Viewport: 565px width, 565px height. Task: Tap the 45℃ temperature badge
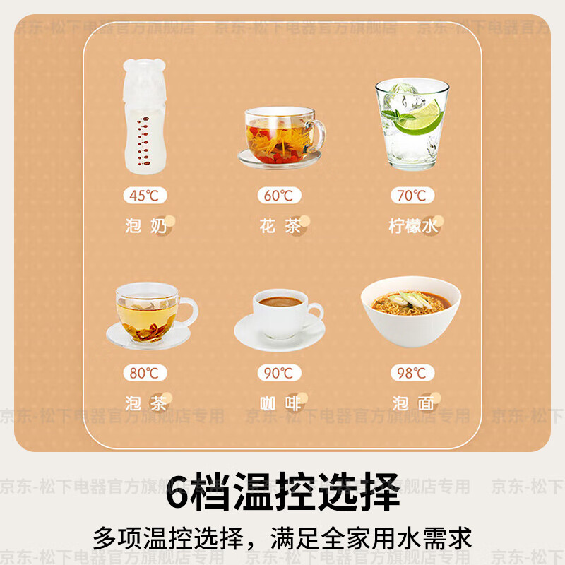(145, 196)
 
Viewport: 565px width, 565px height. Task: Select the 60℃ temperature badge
(279, 196)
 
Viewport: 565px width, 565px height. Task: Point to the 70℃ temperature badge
(412, 196)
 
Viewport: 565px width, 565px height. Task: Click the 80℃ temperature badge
(145, 372)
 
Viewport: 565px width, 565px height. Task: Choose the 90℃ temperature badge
(279, 372)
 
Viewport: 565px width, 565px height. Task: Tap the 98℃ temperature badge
(412, 372)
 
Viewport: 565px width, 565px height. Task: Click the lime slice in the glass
(421, 118)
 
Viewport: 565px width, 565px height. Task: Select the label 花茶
(279, 226)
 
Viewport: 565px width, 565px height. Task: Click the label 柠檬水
(413, 226)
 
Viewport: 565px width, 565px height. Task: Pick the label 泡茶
(145, 403)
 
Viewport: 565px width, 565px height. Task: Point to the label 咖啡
(279, 403)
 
